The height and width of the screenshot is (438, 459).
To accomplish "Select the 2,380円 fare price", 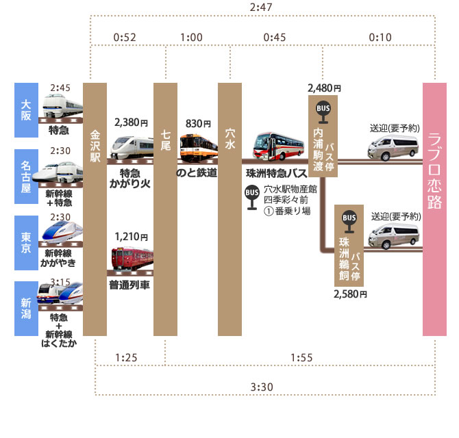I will pos(132,123).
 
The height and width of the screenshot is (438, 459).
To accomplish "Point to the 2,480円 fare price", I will pos(324,88).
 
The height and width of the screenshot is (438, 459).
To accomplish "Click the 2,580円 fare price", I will pos(351,294).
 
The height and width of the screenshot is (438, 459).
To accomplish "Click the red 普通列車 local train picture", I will pos(130,261).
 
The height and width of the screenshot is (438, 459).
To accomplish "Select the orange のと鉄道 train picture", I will pos(197,148).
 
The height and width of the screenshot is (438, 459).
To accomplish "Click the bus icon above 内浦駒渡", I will pos(322,109).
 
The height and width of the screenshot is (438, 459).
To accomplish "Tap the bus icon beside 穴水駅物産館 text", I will pos(251,194).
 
